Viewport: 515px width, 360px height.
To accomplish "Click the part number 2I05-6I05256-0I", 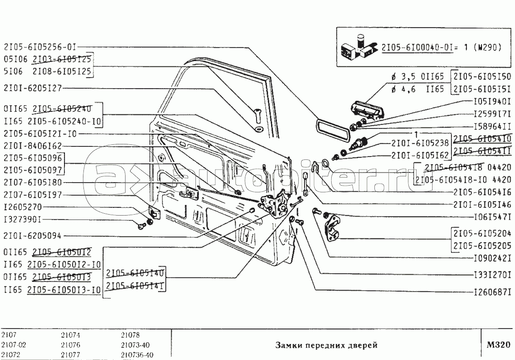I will (x=39, y=47).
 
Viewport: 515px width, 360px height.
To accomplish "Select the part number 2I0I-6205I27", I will (x=32, y=88).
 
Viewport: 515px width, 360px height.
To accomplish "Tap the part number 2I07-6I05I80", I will (x=32, y=183).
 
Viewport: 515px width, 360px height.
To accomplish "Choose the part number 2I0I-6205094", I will (x=32, y=236).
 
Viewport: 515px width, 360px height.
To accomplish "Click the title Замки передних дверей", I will (x=326, y=345).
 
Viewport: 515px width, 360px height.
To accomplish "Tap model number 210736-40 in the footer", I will (x=137, y=354).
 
